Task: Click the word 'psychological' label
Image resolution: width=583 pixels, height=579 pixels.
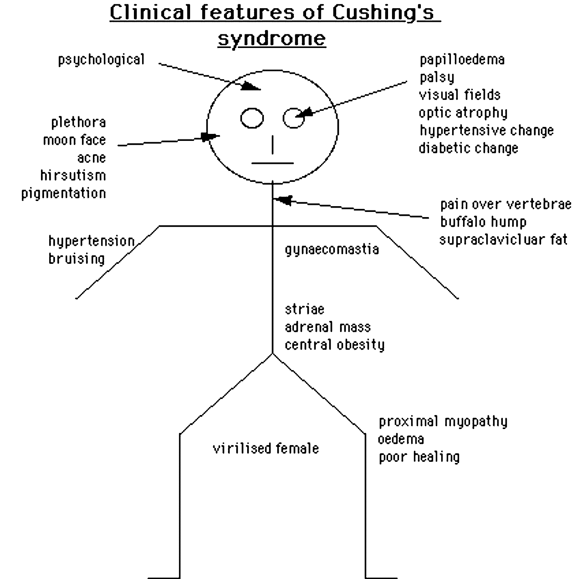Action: (101, 60)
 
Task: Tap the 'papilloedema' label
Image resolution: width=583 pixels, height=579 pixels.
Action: (462, 60)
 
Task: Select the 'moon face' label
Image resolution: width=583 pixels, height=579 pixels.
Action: (74, 140)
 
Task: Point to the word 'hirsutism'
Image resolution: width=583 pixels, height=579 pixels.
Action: (73, 175)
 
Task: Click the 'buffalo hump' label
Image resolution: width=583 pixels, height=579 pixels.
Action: (483, 222)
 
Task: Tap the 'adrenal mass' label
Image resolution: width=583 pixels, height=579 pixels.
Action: (328, 327)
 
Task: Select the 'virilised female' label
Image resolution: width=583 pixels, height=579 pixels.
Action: (266, 448)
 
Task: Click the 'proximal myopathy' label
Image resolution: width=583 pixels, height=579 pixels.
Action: (443, 422)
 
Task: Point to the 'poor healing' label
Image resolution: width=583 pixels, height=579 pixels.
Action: (419, 457)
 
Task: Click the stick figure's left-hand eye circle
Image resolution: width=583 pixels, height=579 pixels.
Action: (252, 118)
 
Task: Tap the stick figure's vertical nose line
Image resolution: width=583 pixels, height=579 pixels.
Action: (272, 145)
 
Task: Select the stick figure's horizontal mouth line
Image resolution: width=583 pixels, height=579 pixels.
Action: (272, 163)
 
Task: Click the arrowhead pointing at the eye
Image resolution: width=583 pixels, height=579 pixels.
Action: (305, 112)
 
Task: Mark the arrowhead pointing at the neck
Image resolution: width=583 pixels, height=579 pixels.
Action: (284, 200)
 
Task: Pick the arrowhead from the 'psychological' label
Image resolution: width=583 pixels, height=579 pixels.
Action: (251, 87)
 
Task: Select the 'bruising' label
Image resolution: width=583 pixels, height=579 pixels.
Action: (77, 259)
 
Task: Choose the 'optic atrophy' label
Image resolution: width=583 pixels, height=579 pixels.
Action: (463, 113)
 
